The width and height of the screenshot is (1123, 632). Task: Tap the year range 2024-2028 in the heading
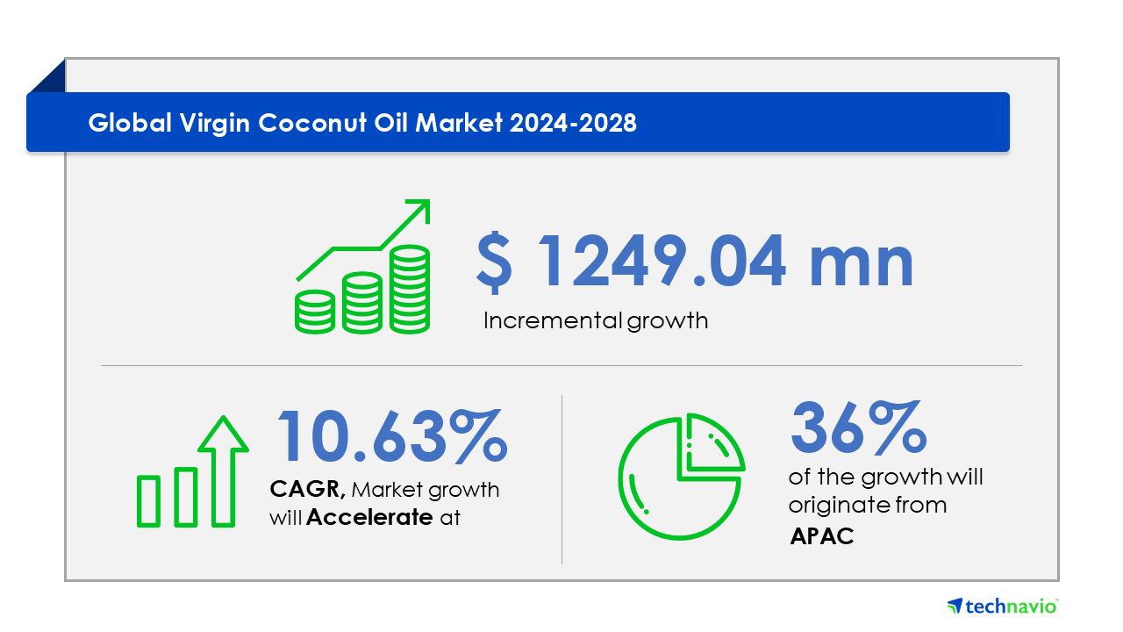coord(573,123)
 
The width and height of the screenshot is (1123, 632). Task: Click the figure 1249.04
coord(662,262)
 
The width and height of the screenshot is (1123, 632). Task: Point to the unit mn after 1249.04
coord(862,266)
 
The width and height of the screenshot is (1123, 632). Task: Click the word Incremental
coord(553,320)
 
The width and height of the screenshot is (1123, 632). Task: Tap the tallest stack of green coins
coord(410,290)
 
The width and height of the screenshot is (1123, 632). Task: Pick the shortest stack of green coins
coord(315,312)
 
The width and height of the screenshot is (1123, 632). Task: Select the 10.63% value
coord(392,435)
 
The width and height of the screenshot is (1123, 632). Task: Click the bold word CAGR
coord(307,489)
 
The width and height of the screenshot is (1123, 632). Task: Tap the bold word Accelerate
coord(369,517)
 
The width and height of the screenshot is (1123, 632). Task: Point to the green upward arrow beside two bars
coord(223,471)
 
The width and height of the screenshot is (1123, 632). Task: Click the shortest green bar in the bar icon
coord(148,501)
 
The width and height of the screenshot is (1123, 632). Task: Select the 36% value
coord(859,427)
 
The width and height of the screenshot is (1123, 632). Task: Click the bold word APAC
coord(822,536)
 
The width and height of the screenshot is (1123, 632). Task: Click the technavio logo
coord(1003,607)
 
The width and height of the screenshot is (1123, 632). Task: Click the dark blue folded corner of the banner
coord(47,75)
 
